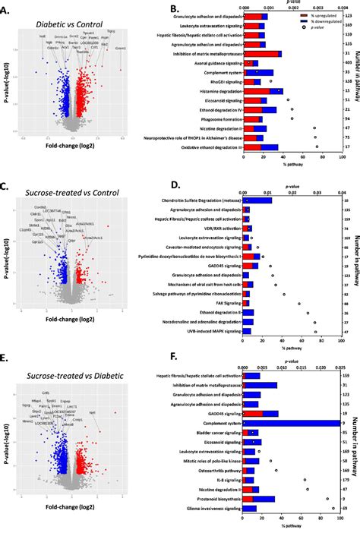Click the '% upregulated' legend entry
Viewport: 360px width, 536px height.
(x=314, y=15)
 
